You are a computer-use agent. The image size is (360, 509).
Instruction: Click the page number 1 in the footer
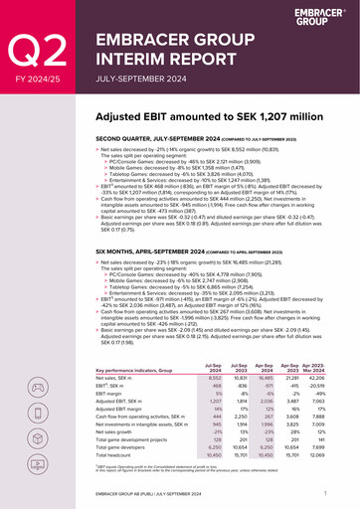325,492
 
